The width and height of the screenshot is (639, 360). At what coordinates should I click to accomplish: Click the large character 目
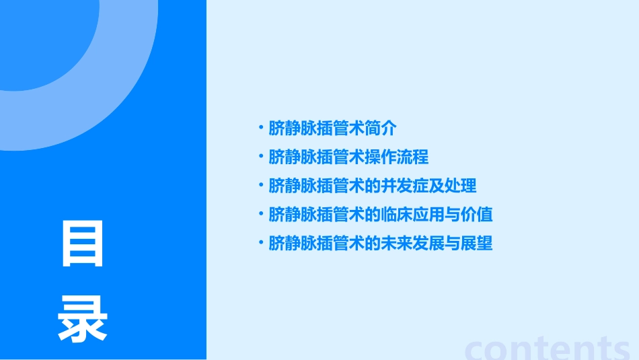83,244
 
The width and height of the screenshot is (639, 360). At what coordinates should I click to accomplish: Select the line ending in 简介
332,128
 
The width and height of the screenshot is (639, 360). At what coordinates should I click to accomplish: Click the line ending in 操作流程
348,157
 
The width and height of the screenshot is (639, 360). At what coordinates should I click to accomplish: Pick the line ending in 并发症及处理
372,186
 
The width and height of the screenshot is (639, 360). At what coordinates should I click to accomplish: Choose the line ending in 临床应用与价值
380,215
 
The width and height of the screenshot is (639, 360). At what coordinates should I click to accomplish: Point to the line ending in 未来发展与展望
380,243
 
